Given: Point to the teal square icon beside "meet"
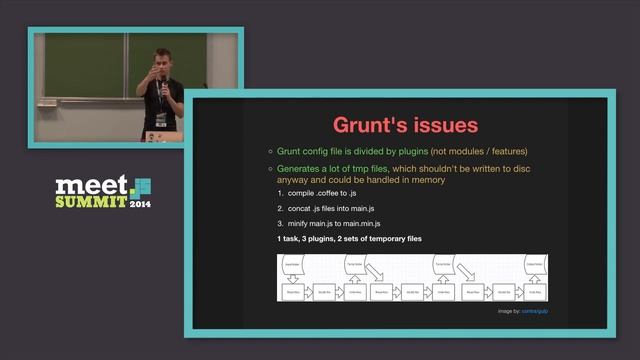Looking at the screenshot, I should coord(142,185).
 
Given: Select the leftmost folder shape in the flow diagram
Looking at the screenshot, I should coord(293,266).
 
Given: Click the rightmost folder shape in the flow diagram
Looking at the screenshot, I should coord(534,266).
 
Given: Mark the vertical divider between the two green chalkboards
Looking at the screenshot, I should coord(126,66).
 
